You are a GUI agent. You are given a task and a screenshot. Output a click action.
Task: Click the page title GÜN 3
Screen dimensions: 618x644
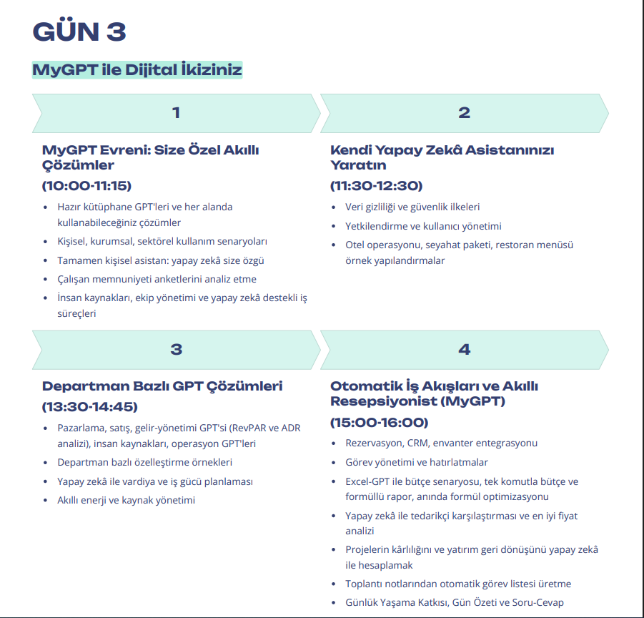(79, 31)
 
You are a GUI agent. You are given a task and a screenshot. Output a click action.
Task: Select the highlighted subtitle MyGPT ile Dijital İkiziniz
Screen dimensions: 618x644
(137, 70)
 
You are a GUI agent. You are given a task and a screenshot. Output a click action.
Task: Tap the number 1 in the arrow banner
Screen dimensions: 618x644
(176, 112)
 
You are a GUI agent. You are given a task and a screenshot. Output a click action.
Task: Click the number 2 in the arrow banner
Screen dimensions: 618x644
(464, 112)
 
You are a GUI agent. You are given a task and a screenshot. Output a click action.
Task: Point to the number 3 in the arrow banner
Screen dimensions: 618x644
(176, 349)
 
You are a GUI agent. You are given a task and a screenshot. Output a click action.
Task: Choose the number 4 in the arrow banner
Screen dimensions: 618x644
(464, 349)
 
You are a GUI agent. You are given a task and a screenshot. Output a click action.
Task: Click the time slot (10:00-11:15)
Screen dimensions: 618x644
(86, 186)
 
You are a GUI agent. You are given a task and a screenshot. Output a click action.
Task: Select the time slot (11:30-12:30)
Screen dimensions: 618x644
(376, 186)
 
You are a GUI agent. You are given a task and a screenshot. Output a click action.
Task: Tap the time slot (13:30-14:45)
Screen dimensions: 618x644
(89, 407)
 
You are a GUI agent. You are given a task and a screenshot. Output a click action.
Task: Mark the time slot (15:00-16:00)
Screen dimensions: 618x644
(379, 422)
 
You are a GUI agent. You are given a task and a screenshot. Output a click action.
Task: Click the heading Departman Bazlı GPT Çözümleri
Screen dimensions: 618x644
(162, 386)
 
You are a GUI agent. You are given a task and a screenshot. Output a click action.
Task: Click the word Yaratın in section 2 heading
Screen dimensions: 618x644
(358, 165)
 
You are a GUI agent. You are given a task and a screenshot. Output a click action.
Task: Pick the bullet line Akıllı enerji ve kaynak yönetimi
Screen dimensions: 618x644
(126, 500)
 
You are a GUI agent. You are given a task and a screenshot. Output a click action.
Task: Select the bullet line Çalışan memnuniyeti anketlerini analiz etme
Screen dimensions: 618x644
(157, 279)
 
